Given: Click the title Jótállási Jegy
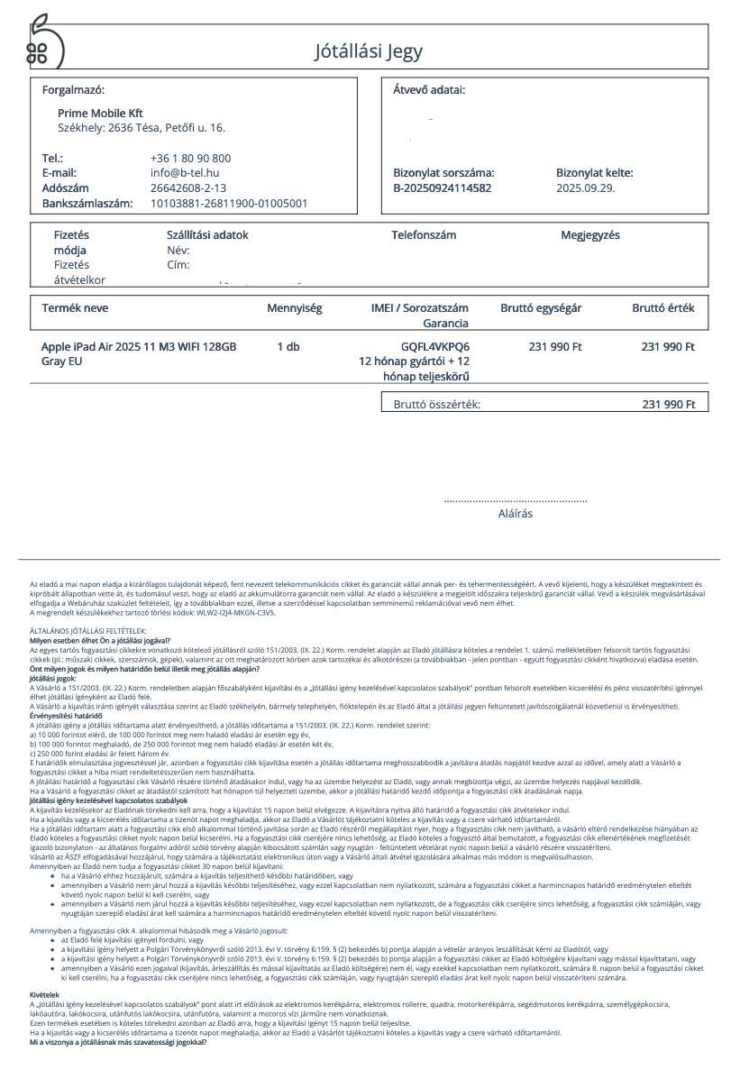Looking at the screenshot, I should [368, 51].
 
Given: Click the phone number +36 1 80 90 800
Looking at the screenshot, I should [190, 158].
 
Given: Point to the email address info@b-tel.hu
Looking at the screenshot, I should [185, 172].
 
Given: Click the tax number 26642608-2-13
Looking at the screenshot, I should [188, 187].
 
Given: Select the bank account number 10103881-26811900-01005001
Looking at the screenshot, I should [229, 203].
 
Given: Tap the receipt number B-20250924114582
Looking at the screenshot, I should [443, 187].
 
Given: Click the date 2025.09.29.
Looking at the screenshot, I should [586, 187].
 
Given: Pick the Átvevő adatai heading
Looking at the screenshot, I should [429, 90].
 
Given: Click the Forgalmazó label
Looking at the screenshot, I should [73, 90].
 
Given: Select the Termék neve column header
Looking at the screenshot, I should [76, 308].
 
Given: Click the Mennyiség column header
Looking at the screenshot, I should [294, 308].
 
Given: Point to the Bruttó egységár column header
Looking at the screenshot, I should [541, 308].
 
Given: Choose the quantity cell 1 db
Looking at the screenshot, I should [288, 346].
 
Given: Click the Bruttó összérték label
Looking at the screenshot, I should [437, 404].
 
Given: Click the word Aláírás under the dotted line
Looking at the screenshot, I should [516, 514].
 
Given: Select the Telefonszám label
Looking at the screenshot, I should [424, 235].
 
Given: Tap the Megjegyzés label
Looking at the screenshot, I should [590, 235].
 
